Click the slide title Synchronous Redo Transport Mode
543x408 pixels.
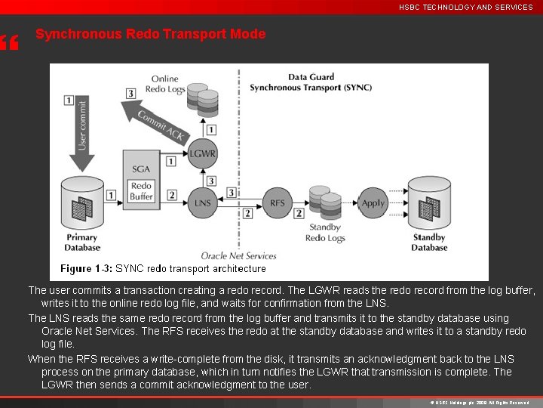click(x=150, y=34)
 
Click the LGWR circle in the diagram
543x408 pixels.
click(x=202, y=153)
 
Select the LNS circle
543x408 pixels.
click(x=202, y=202)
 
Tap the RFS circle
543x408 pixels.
click(x=277, y=202)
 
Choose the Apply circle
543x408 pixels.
click(x=373, y=202)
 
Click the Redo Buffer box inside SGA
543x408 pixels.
click(x=142, y=190)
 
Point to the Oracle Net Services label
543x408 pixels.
click(x=238, y=255)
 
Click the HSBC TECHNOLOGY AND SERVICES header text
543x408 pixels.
click(x=465, y=7)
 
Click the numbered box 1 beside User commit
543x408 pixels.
click(x=69, y=100)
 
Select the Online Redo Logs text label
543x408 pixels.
click(x=164, y=84)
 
